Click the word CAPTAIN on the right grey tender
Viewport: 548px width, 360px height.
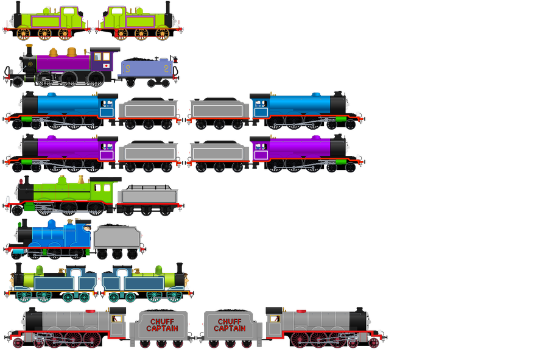[230, 329]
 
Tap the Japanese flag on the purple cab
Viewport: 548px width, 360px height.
[107, 65]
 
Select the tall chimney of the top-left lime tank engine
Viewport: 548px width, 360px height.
[18, 9]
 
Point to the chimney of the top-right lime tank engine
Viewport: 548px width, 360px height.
[167, 9]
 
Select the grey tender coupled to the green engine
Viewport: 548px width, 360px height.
[149, 197]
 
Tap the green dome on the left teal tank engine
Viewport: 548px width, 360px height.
[40, 269]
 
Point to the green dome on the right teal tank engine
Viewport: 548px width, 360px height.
[158, 269]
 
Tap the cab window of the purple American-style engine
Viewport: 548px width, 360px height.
[97, 57]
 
